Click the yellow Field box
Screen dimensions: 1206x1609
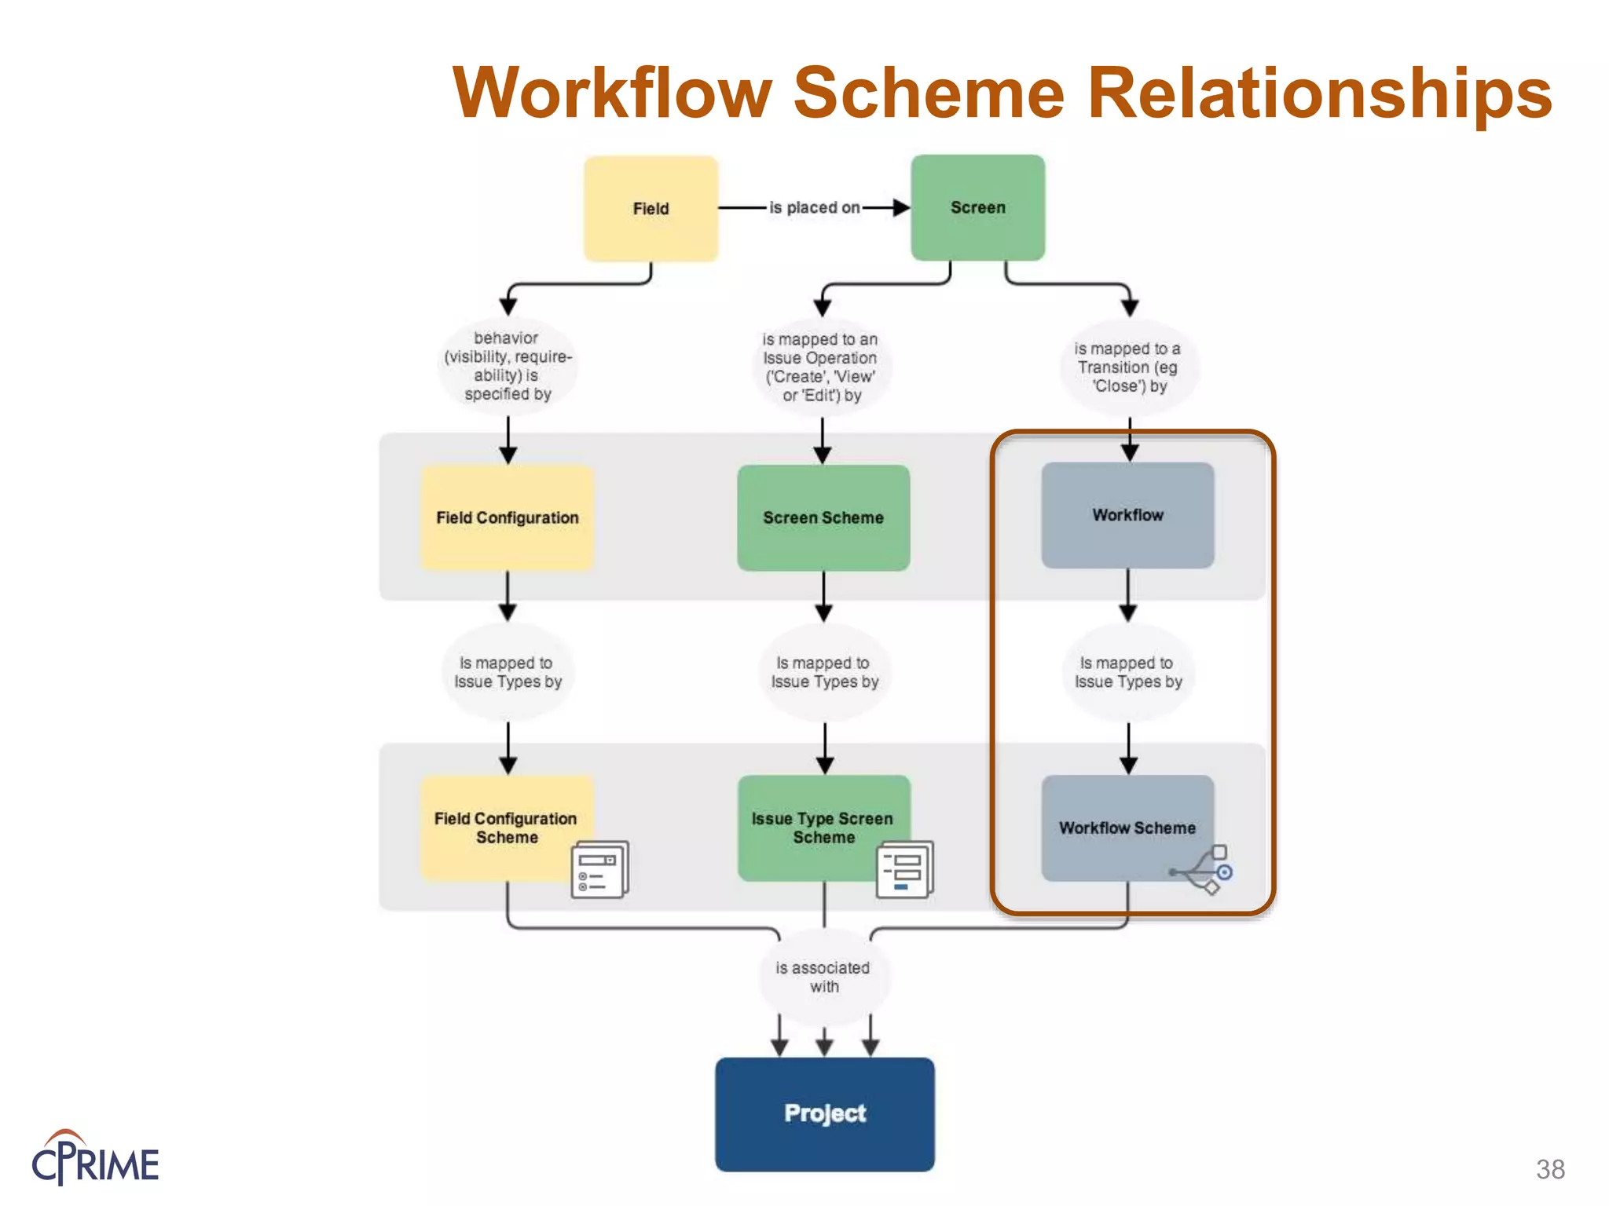(x=651, y=209)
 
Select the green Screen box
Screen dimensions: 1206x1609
(x=977, y=208)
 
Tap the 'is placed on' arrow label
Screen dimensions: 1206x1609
(x=814, y=208)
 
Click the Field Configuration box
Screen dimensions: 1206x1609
(x=507, y=518)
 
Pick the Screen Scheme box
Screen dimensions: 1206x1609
(x=823, y=518)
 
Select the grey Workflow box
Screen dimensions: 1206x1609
(x=1127, y=515)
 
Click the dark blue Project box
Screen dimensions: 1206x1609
(x=824, y=1113)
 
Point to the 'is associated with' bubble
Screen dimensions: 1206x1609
(x=823, y=977)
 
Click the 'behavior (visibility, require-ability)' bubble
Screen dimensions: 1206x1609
(x=508, y=366)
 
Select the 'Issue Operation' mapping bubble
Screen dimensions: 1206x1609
(x=821, y=367)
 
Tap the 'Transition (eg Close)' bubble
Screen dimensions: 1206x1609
(x=1128, y=367)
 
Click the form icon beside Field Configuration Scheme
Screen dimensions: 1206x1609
(x=599, y=870)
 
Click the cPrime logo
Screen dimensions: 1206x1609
(x=95, y=1159)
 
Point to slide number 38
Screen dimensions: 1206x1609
(x=1550, y=1169)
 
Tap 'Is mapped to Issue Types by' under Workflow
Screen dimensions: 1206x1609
(x=1128, y=673)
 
